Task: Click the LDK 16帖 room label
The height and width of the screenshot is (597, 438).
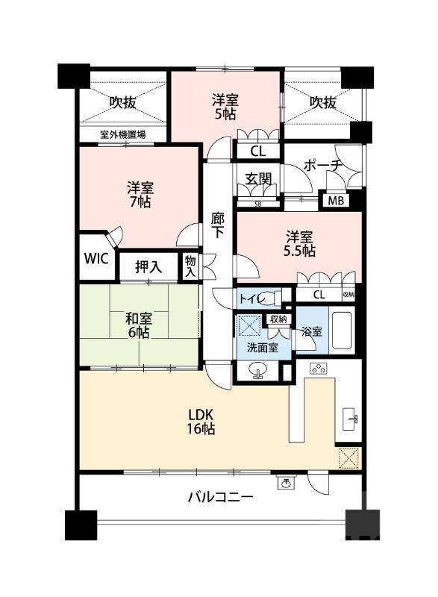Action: (201, 421)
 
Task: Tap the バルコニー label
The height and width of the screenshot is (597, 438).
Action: (219, 497)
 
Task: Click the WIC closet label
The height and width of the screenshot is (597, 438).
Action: (96, 259)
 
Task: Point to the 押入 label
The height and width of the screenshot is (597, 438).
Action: (149, 266)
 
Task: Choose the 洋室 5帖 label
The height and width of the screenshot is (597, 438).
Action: (224, 107)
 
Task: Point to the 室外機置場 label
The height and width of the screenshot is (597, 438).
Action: (123, 135)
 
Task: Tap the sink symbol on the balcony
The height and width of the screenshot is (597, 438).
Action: (285, 483)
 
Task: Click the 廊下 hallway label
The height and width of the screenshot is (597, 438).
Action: (218, 223)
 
